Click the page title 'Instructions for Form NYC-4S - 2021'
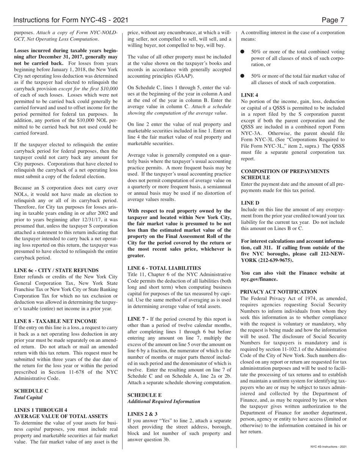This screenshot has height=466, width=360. pos(70,20)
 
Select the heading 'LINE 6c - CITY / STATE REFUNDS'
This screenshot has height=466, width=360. pos(56,270)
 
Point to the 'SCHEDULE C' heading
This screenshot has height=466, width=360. pos(31,391)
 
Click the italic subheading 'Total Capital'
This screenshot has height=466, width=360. pos(28,397)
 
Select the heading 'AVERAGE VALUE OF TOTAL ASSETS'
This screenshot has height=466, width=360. pos(61,416)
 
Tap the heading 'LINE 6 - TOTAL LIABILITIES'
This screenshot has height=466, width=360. pos(164,267)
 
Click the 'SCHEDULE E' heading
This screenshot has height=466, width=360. pos(144,394)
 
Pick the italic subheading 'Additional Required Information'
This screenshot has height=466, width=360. pos(164,401)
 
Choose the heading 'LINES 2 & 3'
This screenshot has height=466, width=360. pos(142,414)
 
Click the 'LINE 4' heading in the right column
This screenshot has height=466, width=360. pos(250,95)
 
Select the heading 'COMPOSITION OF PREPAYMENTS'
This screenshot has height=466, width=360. pos(285,171)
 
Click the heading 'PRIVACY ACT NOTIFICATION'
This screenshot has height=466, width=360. pos(279,292)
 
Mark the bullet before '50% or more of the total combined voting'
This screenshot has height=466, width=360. pos(244,52)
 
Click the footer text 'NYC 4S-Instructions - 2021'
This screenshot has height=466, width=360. pos(328,447)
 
